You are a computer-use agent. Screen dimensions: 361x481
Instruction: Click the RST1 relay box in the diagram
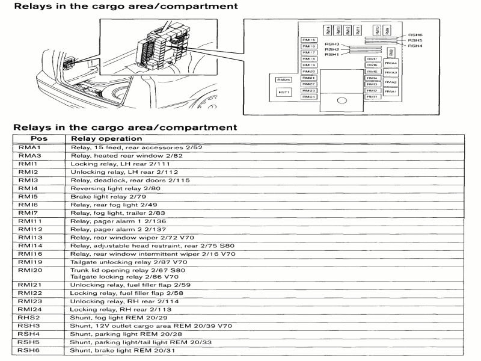pos(284,92)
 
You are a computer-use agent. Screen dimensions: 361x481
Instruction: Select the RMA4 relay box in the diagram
pos(391,63)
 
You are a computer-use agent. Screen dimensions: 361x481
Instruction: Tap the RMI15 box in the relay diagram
pos(309,40)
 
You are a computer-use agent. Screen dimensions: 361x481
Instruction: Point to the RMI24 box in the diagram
pos(309,97)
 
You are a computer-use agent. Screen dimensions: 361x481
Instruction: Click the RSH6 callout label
pos(415,35)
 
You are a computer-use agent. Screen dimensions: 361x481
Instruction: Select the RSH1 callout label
pos(332,54)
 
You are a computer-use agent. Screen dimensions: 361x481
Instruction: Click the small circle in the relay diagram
pos(342,101)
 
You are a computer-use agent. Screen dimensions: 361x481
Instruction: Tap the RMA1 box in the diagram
pos(391,91)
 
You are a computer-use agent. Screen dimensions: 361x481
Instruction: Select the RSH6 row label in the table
pos(29,350)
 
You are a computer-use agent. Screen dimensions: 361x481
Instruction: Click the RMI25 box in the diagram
pos(284,79)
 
